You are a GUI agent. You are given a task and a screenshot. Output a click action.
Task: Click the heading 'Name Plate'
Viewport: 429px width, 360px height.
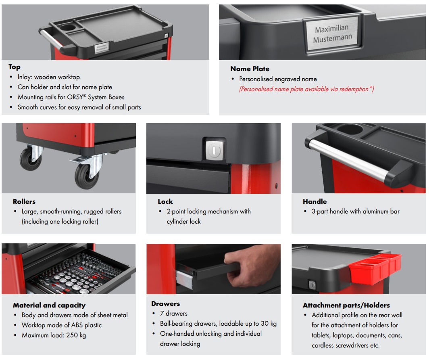[250, 69]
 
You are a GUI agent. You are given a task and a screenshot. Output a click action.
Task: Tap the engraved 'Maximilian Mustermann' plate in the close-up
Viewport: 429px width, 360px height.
[333, 33]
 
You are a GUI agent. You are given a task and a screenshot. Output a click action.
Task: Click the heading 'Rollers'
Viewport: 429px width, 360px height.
[24, 201]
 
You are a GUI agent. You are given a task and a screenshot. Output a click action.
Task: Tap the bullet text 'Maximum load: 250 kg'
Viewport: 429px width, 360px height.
[54, 335]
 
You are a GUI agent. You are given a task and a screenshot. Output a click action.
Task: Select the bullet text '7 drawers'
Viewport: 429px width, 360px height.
[173, 313]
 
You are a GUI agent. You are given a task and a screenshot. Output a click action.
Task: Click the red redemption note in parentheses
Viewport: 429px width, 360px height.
[306, 89]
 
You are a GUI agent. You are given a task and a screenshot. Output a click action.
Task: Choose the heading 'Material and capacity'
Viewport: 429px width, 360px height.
[49, 305]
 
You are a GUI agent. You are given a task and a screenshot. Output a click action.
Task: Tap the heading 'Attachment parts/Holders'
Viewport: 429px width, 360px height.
[346, 305]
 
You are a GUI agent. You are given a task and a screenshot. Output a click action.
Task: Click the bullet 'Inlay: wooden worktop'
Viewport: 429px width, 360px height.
[48, 77]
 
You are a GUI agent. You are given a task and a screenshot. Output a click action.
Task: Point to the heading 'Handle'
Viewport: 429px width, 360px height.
[314, 201]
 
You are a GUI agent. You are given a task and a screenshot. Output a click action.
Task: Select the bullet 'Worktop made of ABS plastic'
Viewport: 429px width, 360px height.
[61, 325]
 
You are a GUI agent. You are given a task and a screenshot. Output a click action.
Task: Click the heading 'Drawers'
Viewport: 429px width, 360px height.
[165, 303]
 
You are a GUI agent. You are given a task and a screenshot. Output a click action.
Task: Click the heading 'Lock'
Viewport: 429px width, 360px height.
[165, 201]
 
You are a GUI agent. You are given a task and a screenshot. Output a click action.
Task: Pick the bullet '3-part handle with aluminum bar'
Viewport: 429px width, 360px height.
[355, 211]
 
